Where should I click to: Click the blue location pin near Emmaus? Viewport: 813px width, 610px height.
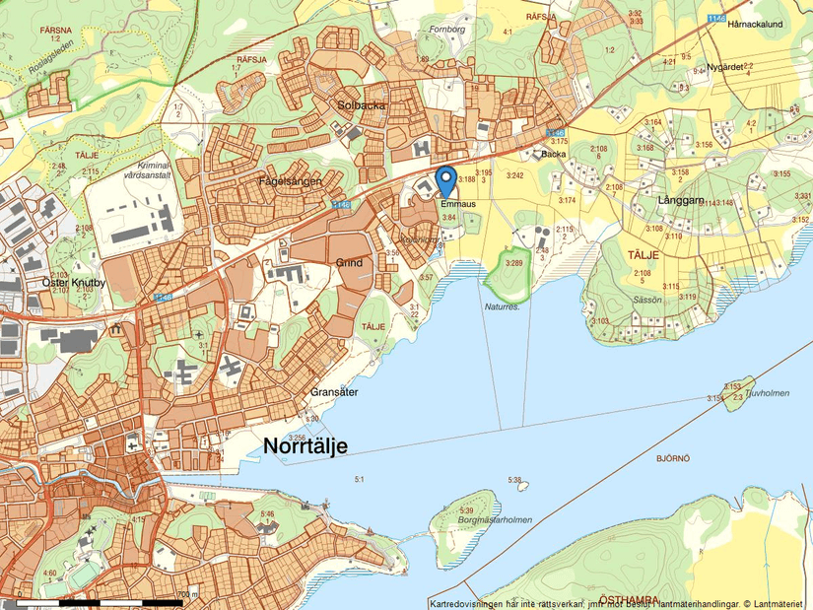(445, 180)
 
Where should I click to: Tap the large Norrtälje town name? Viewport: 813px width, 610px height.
(305, 446)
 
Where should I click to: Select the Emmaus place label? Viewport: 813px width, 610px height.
(458, 204)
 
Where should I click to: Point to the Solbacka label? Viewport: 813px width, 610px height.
(362, 104)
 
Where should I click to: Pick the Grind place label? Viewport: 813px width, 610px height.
(349, 263)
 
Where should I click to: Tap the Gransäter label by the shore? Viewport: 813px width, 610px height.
(333, 391)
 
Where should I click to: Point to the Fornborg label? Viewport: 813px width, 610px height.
(446, 29)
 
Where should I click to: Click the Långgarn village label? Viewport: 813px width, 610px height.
(678, 200)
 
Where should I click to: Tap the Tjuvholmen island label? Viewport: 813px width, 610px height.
(768, 392)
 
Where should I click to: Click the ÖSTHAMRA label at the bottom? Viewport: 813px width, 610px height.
(627, 599)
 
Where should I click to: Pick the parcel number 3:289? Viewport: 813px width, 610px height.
(513, 263)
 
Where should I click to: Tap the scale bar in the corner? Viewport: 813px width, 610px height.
(99, 599)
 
